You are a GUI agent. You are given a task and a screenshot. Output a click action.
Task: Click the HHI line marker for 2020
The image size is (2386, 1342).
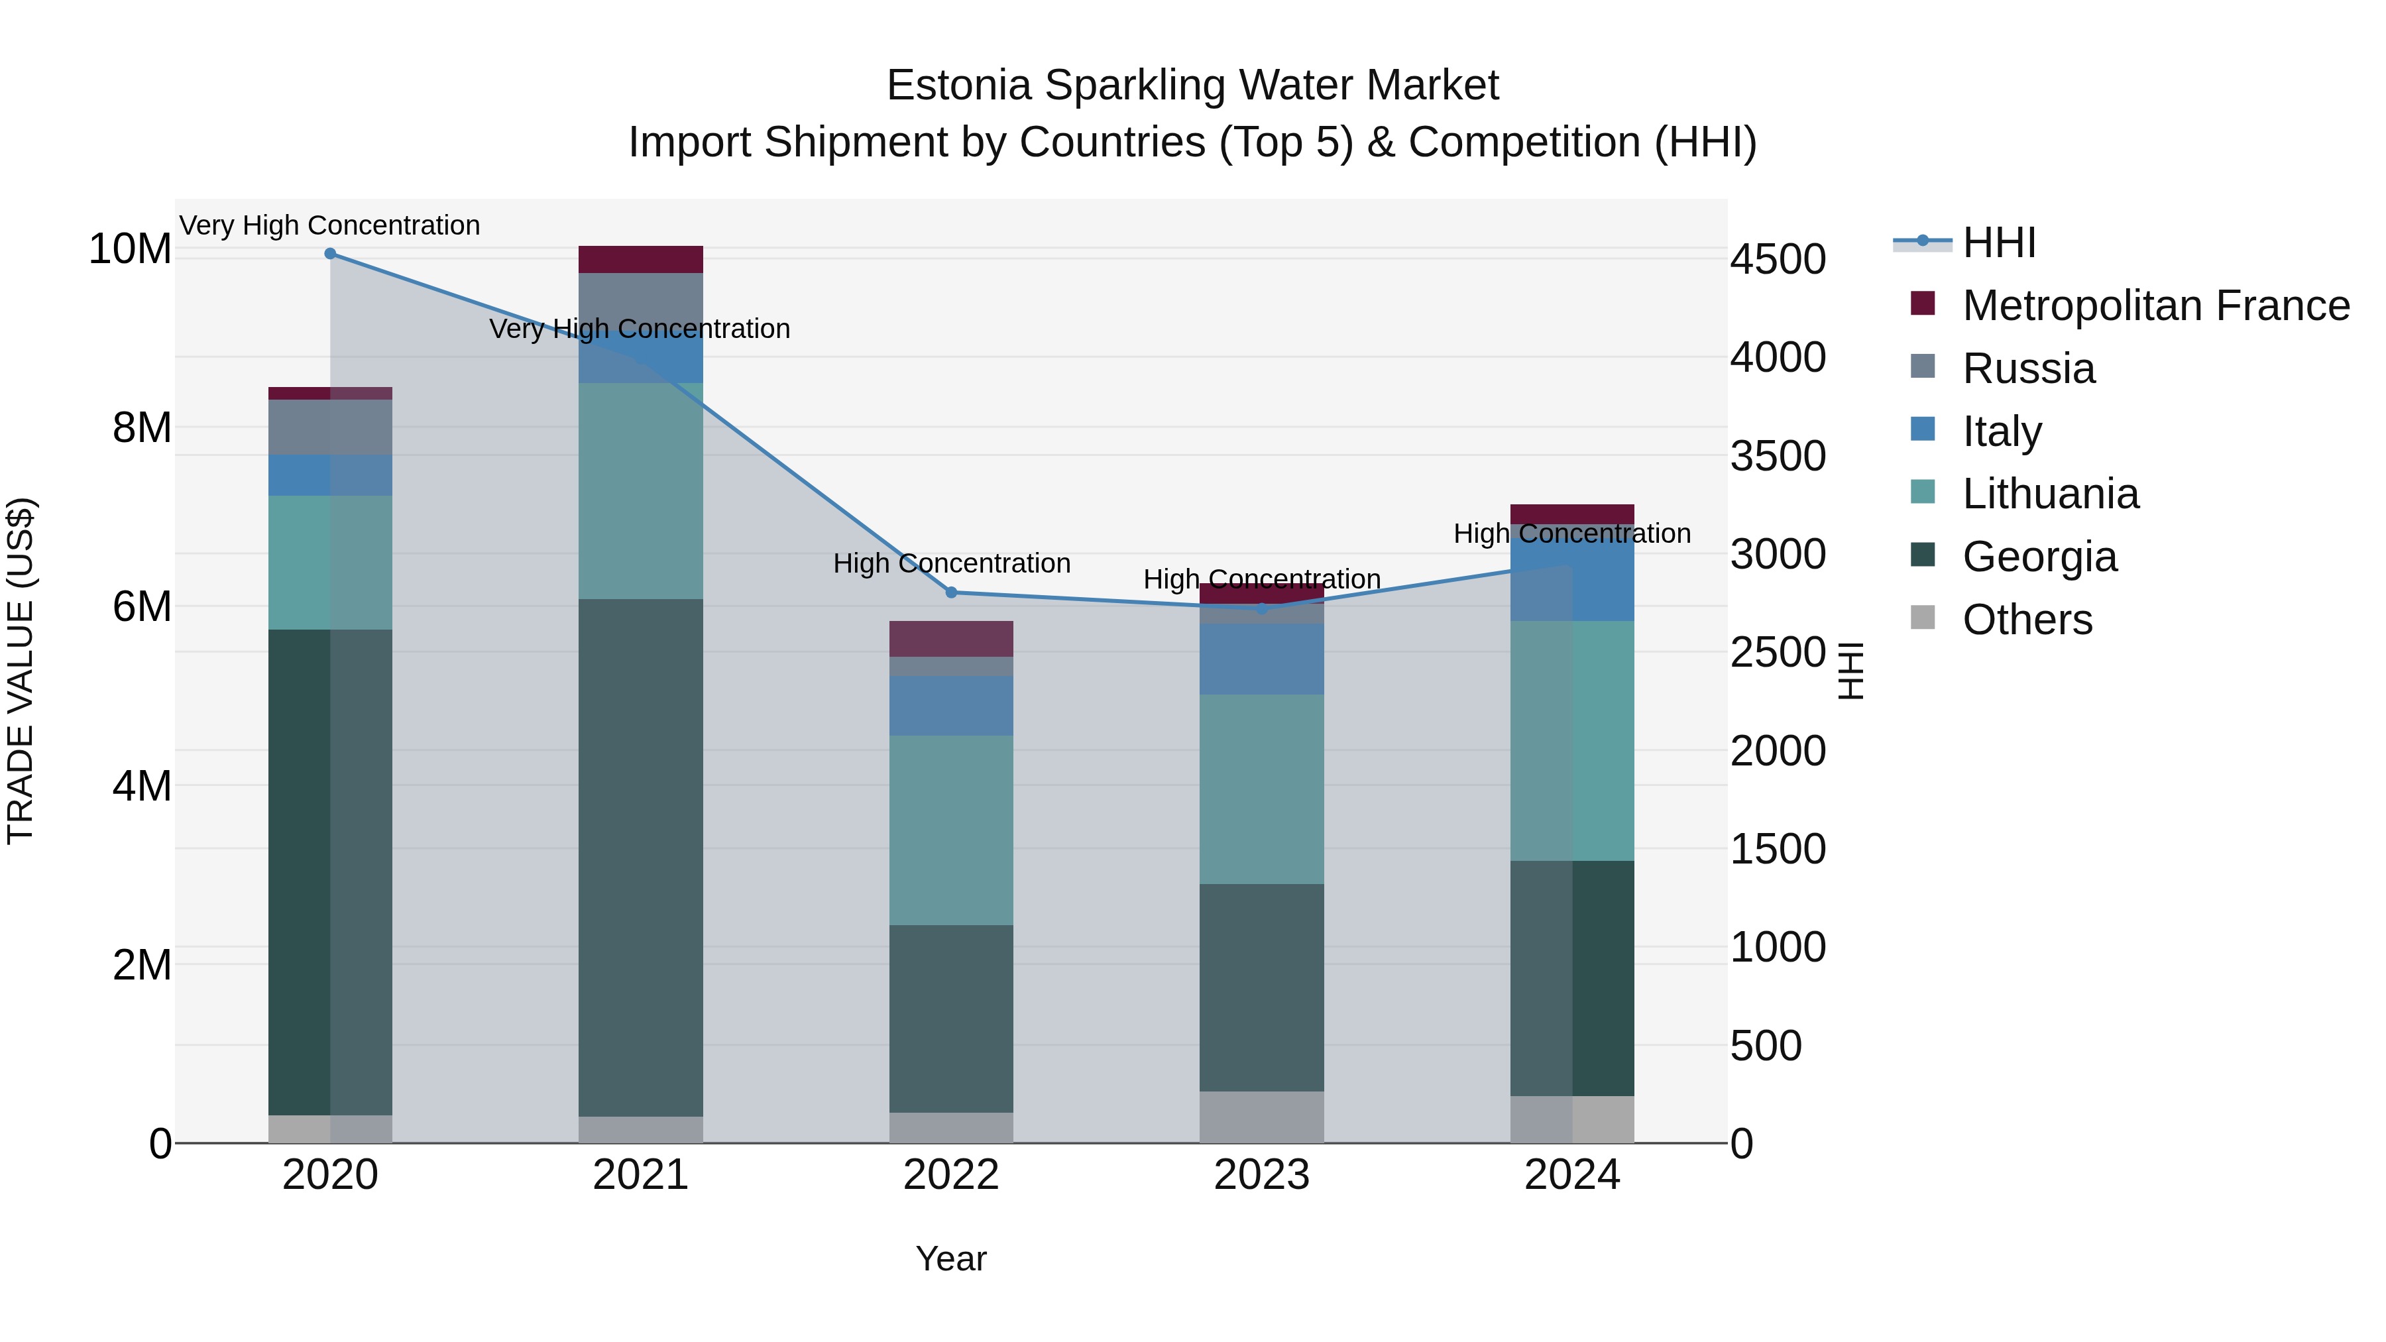pyautogui.click(x=330, y=253)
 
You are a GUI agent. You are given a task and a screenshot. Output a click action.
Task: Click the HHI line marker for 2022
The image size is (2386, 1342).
pyautogui.click(x=950, y=592)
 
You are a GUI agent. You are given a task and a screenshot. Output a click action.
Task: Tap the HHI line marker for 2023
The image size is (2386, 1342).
pyautogui.click(x=1261, y=608)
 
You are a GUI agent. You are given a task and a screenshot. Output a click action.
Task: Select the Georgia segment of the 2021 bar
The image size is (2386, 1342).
pyautogui.click(x=640, y=857)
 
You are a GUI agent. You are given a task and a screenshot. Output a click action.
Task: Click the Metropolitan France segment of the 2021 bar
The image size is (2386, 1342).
pyautogui.click(x=640, y=259)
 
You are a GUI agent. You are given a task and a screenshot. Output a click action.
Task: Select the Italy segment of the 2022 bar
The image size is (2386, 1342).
pyautogui.click(x=950, y=705)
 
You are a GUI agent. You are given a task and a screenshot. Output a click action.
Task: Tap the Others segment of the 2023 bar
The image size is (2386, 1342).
pyautogui.click(x=1261, y=1116)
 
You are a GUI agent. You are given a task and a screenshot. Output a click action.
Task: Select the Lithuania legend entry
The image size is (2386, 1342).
pyautogui.click(x=2050, y=494)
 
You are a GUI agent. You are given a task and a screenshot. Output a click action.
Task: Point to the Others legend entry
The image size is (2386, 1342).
pyautogui.click(x=2027, y=620)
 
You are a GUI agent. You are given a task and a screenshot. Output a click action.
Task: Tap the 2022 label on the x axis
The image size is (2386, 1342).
pyautogui.click(x=950, y=1175)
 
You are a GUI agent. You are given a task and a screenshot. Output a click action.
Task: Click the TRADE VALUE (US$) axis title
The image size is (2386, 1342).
pyautogui.click(x=21, y=671)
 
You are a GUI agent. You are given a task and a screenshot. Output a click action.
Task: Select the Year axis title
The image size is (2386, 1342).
pyautogui.click(x=950, y=1258)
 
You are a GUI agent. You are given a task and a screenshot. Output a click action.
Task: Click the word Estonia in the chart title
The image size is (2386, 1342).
pyautogui.click(x=958, y=85)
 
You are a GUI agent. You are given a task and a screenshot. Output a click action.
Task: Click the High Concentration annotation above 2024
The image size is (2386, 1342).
pyautogui.click(x=1572, y=533)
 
